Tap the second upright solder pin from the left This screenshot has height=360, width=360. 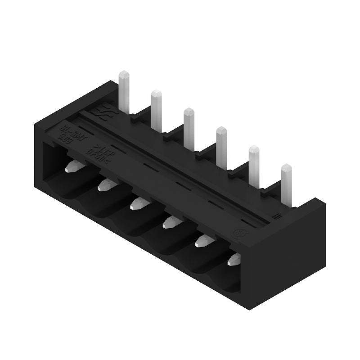click(x=156, y=108)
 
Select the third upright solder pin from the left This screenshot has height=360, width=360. click(x=189, y=124)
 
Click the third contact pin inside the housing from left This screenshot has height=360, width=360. click(x=138, y=204)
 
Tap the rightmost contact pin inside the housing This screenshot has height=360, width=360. click(x=235, y=258)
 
